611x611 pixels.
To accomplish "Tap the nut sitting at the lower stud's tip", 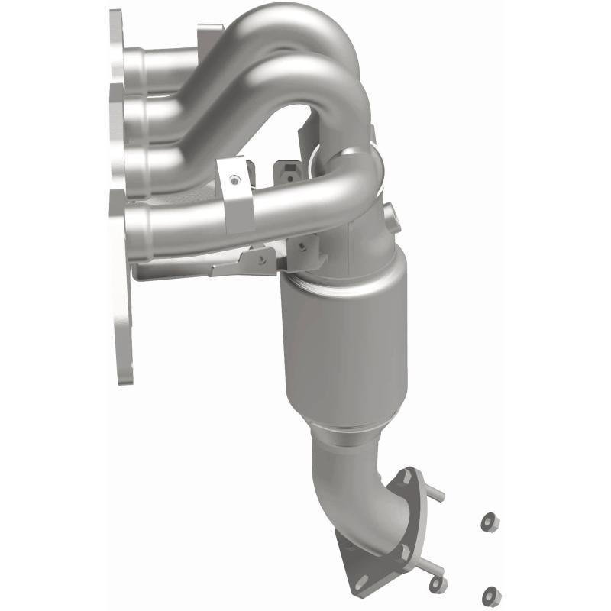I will click(438, 584).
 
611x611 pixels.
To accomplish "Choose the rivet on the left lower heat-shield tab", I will click(262, 257).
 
